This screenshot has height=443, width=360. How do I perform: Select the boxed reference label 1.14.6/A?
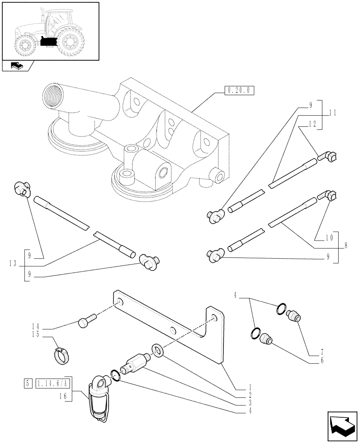click(x=54, y=382)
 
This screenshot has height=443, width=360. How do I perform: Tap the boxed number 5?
click(x=28, y=382)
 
